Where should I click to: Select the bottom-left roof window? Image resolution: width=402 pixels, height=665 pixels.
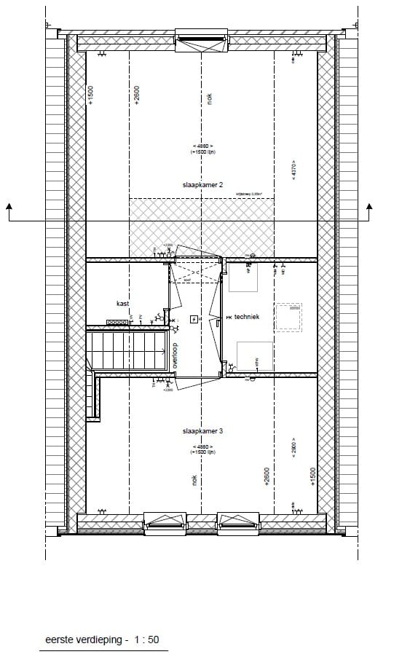tap(165, 522)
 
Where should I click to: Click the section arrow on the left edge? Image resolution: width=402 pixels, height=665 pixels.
tap(9, 209)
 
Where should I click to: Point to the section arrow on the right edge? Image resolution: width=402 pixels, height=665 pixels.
tap(369, 209)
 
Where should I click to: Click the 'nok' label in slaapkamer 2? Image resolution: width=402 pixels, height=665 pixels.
tap(209, 101)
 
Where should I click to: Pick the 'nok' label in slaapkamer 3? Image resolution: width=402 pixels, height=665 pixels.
tap(194, 479)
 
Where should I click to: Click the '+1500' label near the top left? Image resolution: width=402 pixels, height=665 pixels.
tap(90, 95)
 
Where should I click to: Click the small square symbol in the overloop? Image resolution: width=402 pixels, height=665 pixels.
tap(193, 318)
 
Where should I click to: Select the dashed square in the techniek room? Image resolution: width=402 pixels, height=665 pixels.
tap(288, 318)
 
